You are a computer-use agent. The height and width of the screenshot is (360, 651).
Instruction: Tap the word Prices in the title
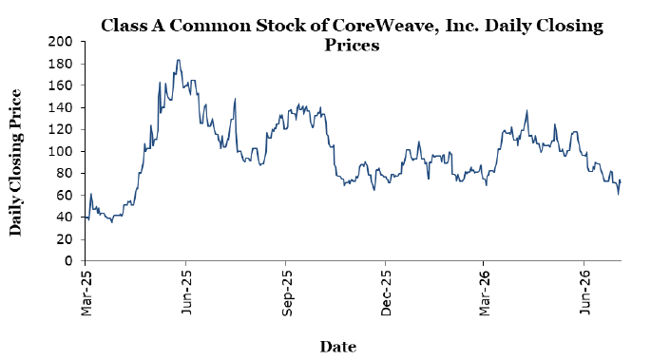(x=352, y=45)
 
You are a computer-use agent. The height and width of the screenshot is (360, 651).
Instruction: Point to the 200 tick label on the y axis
(x=60, y=42)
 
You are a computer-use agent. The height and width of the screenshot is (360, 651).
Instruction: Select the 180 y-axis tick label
(x=60, y=64)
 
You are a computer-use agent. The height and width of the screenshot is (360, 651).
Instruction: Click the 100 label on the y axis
(x=60, y=151)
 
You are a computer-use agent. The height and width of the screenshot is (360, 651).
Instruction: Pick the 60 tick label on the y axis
(x=65, y=196)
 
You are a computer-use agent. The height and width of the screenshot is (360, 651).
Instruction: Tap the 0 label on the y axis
(x=68, y=261)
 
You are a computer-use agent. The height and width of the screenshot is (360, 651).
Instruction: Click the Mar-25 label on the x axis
(x=86, y=294)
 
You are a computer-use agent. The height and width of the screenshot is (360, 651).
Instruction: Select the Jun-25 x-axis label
(x=186, y=293)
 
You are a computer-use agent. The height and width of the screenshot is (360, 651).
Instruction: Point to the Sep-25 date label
(x=286, y=294)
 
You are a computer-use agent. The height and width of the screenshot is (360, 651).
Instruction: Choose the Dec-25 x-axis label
(x=386, y=294)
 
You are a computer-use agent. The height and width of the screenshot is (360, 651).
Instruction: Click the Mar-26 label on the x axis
(x=484, y=294)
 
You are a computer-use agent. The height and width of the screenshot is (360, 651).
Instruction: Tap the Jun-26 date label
(x=584, y=293)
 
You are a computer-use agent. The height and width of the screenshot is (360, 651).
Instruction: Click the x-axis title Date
(x=338, y=347)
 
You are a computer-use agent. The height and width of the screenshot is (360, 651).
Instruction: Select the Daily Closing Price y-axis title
(x=15, y=162)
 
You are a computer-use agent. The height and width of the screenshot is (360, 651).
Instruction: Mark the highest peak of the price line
(x=179, y=60)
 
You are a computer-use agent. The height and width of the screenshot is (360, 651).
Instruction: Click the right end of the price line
(x=622, y=182)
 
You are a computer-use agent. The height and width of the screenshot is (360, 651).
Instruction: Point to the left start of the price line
(x=86, y=217)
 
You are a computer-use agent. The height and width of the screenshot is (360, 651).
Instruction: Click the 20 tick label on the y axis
(x=65, y=239)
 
